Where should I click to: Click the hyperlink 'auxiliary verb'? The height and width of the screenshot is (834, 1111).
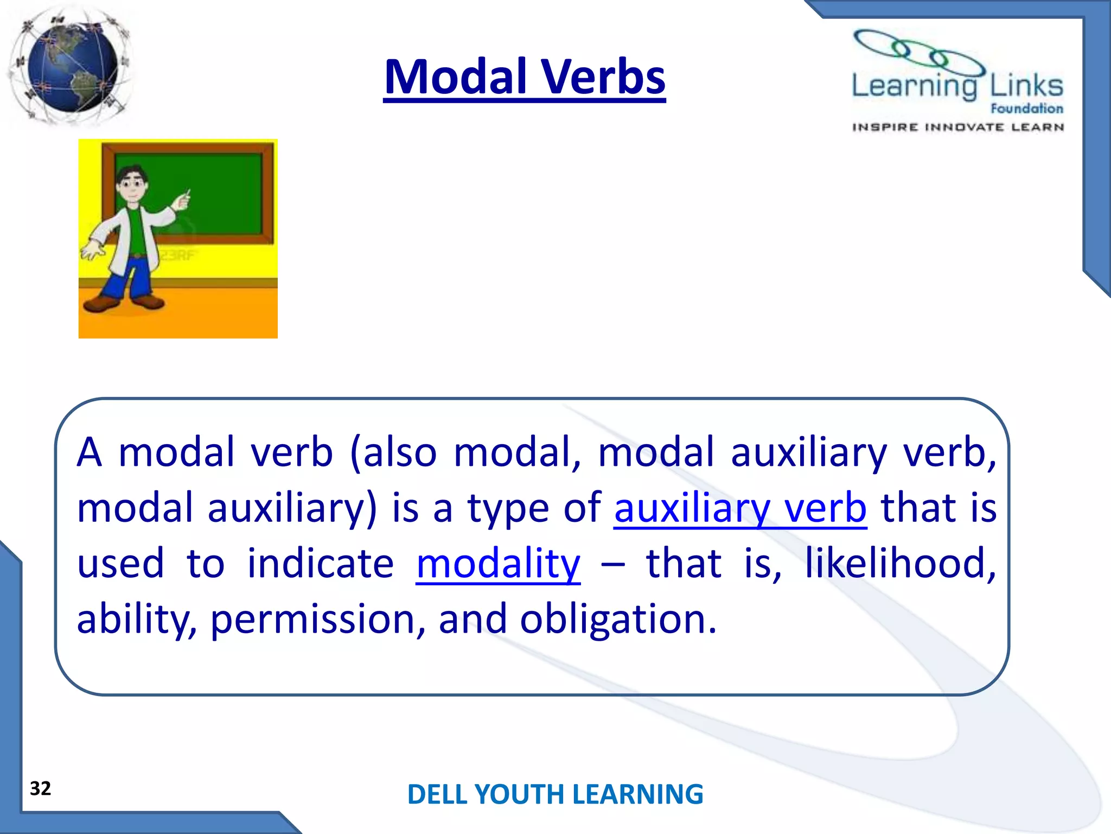(740, 508)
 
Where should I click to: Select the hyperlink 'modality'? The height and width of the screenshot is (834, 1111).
(498, 564)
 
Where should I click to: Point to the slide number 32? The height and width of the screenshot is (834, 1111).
(40, 788)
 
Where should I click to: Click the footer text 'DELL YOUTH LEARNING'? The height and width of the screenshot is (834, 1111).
(555, 794)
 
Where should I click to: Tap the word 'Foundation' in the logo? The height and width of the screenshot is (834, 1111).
(1026, 109)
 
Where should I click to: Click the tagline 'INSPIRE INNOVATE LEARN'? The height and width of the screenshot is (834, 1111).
(957, 128)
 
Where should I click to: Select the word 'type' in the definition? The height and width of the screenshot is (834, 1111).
(508, 508)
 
